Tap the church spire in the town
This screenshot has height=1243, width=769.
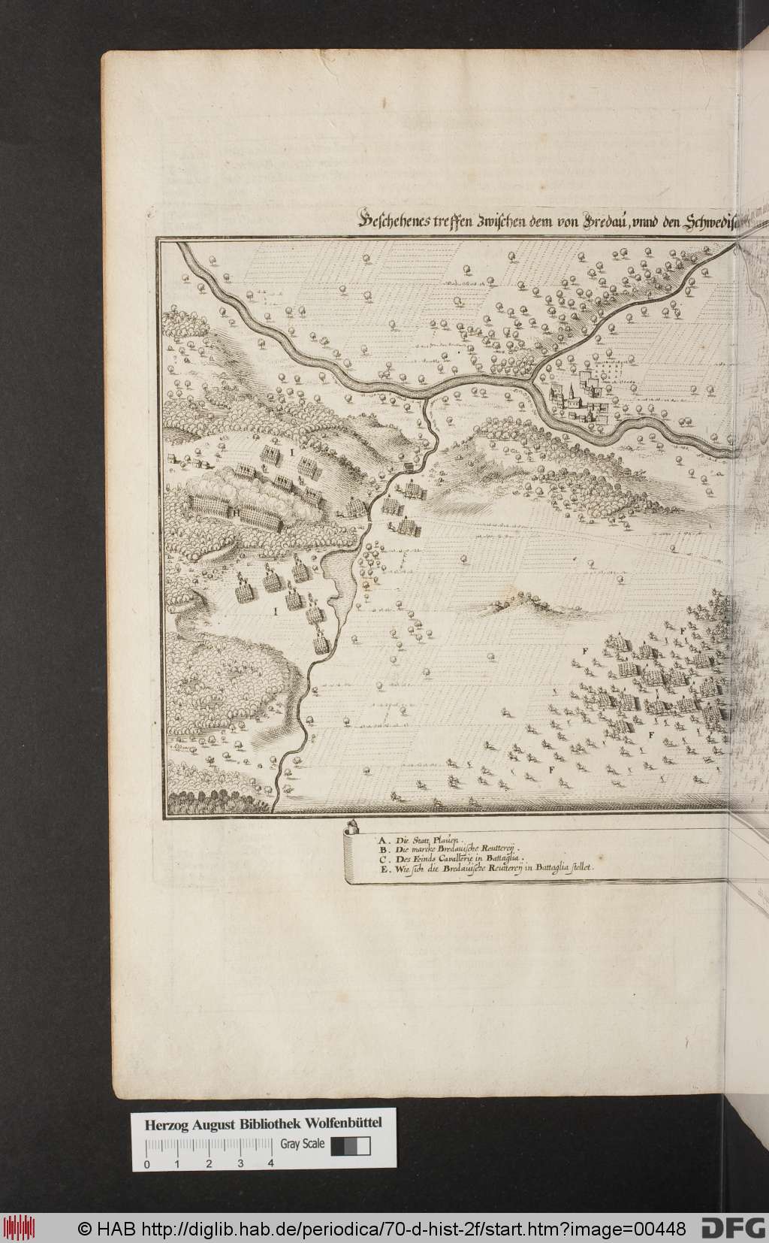571,391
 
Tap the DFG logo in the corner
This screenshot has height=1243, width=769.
734,1229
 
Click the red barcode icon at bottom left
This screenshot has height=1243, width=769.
20,1228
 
